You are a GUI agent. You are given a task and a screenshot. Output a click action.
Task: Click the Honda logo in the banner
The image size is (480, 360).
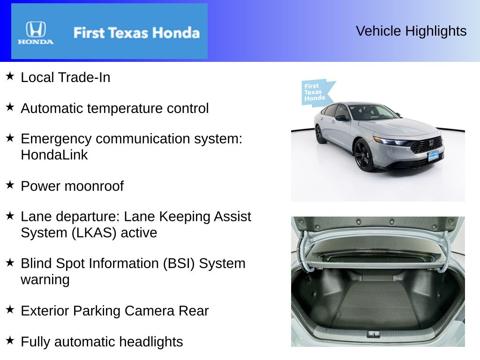point(36,32)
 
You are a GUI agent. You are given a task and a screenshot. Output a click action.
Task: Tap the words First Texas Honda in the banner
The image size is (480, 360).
point(136,33)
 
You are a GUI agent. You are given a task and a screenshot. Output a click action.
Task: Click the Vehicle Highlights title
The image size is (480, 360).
point(411,31)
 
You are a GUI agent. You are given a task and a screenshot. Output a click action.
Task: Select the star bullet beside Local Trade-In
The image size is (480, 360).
point(10,76)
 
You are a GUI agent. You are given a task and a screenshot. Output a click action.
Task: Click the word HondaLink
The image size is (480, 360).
point(54,155)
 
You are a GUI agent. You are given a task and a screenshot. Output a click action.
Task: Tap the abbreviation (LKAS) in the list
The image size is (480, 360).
point(94,232)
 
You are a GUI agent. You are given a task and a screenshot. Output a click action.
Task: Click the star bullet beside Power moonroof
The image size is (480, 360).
point(10,185)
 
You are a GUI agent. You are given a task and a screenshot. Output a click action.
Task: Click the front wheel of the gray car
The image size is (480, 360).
point(364,155)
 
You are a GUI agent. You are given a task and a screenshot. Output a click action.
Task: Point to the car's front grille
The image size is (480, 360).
point(426,145)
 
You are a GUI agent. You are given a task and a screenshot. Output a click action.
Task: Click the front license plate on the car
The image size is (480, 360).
point(434,156)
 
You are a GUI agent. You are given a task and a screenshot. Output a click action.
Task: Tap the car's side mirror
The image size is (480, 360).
point(342,118)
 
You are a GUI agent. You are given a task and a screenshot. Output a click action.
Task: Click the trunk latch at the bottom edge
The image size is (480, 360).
point(374,334)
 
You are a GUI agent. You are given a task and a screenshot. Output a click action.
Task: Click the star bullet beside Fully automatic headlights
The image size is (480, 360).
point(10,340)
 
